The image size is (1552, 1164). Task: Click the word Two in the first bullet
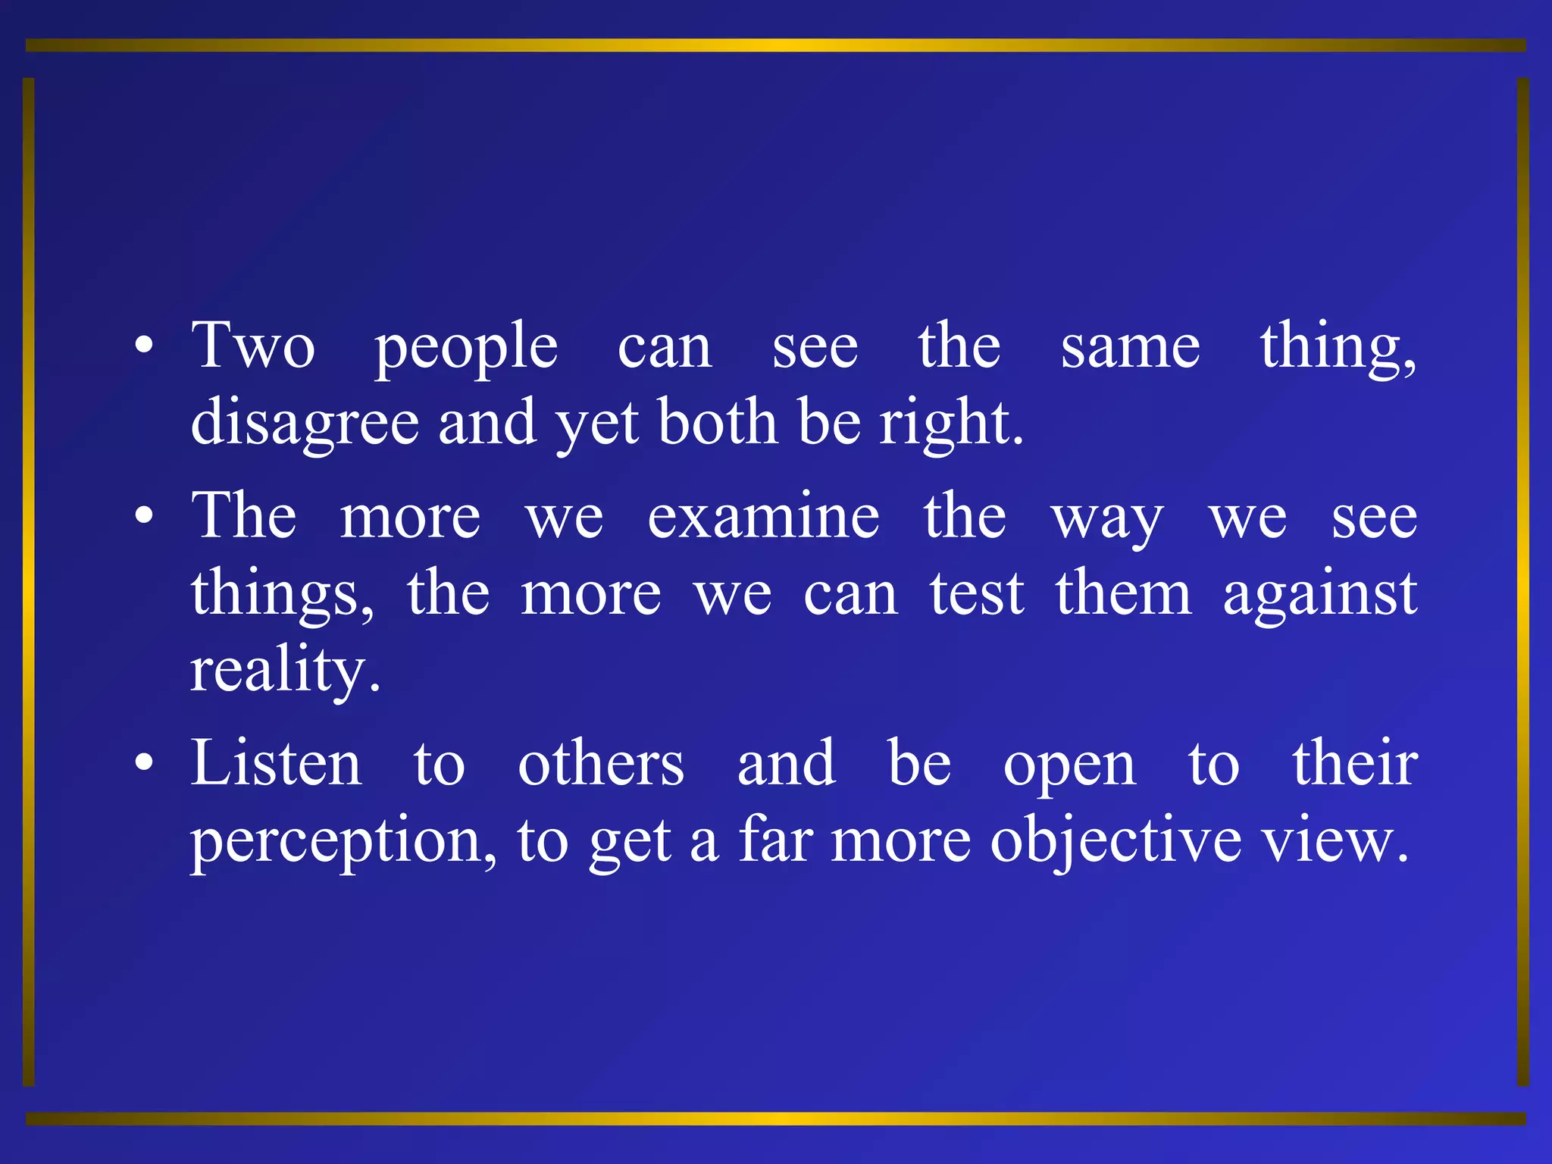click(x=253, y=346)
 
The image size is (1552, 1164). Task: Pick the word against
click(x=1319, y=594)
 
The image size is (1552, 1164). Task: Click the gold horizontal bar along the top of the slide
click(x=776, y=45)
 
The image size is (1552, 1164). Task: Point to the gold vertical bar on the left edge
click(x=29, y=582)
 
